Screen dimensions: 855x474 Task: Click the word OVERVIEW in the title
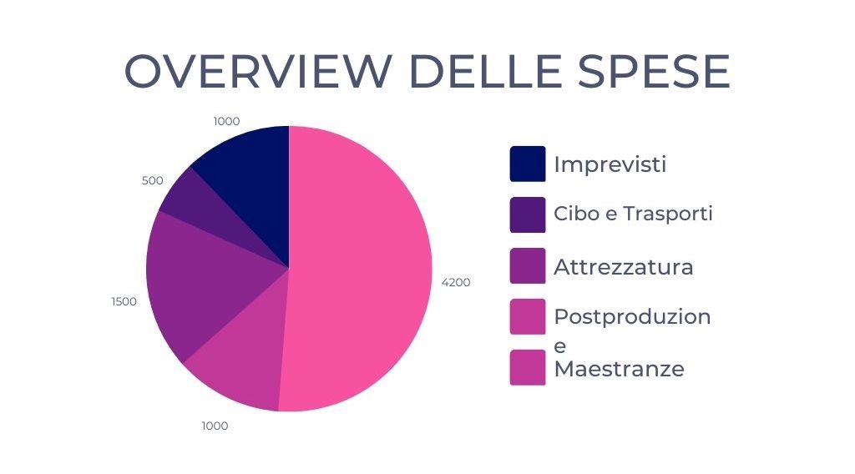click(x=259, y=71)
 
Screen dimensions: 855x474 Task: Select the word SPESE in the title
click(x=655, y=71)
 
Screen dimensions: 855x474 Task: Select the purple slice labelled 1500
click(x=202, y=278)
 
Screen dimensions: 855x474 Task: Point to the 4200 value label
click(x=456, y=282)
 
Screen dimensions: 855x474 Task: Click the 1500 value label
click(x=124, y=301)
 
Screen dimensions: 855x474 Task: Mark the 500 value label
click(x=152, y=180)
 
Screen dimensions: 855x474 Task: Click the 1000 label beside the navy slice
click(x=226, y=121)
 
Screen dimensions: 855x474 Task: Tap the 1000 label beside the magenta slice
click(x=215, y=426)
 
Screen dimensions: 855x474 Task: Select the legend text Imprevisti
click(x=610, y=164)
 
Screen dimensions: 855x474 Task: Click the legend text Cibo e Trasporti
click(x=633, y=213)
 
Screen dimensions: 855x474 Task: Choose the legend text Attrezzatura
click(x=623, y=267)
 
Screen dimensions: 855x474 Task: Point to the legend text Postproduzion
click(x=633, y=316)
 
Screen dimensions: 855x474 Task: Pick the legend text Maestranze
click(x=619, y=369)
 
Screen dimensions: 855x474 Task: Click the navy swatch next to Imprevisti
click(x=528, y=164)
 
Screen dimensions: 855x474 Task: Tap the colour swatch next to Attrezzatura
click(x=528, y=266)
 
